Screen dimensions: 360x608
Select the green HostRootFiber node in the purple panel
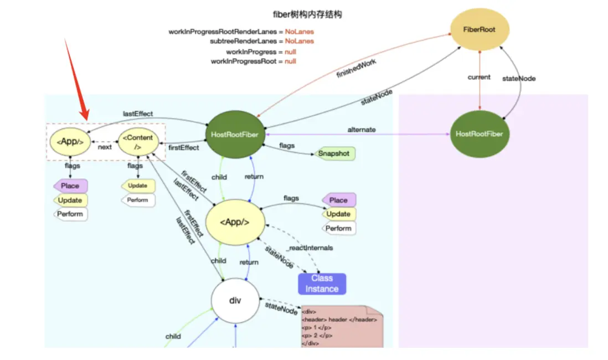point(479,134)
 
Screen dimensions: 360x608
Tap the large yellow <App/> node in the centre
point(234,222)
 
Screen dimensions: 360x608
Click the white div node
point(235,301)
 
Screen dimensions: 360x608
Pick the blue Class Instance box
point(322,284)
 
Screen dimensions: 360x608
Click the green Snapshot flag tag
point(334,153)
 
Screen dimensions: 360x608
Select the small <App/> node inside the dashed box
point(69,142)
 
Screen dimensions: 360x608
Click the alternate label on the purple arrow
point(362,130)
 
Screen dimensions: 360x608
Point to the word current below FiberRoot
point(479,77)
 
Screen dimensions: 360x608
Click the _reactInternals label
point(310,248)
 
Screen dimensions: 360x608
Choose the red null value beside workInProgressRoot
point(290,61)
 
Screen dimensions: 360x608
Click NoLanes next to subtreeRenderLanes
point(299,41)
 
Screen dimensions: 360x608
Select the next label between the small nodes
point(105,147)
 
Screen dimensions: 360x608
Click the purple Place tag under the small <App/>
point(70,186)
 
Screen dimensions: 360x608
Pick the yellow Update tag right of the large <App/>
point(338,214)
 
